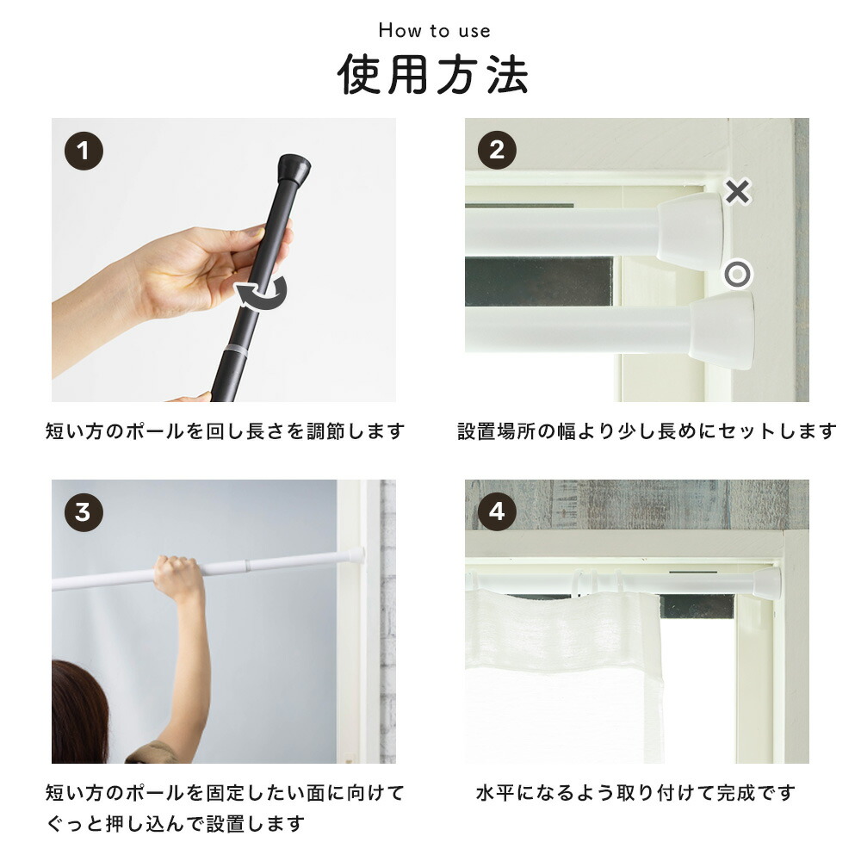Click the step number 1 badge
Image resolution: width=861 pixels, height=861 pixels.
[x=84, y=151]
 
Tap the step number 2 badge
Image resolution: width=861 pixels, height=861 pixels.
[x=497, y=150]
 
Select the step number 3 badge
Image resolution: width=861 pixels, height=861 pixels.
[x=84, y=512]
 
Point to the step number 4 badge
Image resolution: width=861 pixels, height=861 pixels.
[x=497, y=511]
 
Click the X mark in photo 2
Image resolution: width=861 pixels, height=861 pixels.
[x=738, y=192]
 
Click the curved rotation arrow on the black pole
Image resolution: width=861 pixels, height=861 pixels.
[x=262, y=294]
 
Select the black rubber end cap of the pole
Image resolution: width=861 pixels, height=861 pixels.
[x=294, y=170]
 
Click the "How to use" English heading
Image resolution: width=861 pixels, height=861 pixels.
[x=434, y=31]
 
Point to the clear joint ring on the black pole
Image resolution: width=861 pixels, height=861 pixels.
[x=235, y=350]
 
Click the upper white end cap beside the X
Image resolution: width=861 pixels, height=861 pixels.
[x=691, y=231]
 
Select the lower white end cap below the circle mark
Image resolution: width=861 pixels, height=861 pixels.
[x=722, y=331]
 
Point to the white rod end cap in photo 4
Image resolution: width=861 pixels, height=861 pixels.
[x=766, y=583]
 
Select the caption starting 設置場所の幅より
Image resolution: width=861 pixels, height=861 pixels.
[x=647, y=431]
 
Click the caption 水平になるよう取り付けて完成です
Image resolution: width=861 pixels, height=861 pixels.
[x=635, y=793]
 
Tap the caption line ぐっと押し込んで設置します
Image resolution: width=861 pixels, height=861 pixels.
[x=175, y=824]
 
